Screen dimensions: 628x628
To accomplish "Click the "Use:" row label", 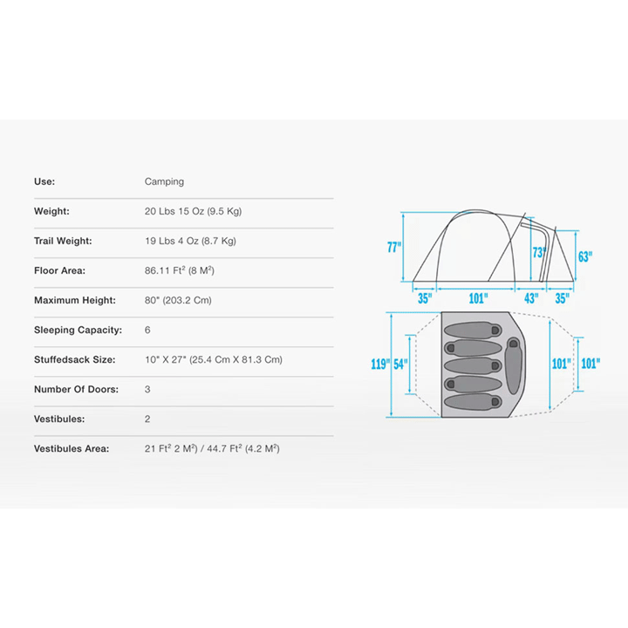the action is [44, 181].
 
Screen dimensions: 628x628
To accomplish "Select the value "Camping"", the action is [164, 181].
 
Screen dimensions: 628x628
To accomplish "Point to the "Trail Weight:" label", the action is [63, 241].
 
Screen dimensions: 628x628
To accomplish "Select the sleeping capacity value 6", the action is [147, 330].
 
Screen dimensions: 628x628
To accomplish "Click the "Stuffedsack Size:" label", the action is [74, 359].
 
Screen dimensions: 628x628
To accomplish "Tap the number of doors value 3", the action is [147, 389].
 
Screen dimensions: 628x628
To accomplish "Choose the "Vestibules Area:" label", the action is [72, 448].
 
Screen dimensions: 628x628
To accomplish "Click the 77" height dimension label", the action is [394, 247].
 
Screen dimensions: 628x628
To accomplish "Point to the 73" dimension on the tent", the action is [539, 252].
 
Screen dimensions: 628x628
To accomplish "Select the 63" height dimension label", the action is [585, 256].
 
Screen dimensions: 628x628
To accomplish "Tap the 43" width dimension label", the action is [531, 298].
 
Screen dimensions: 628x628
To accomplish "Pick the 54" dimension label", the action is [400, 364].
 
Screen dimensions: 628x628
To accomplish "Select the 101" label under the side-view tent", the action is [478, 298].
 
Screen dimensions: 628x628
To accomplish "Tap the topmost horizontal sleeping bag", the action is [473, 330].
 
